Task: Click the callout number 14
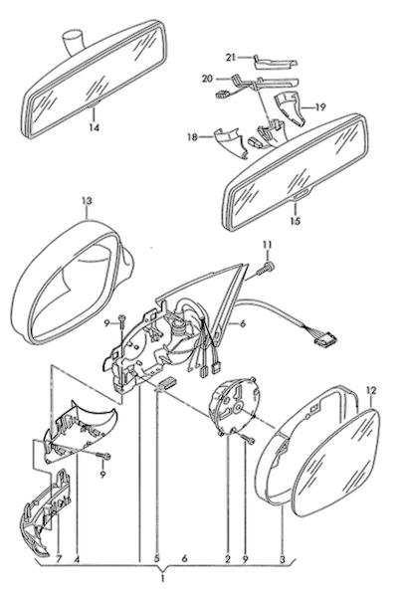pyautogui.click(x=95, y=127)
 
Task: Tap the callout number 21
pyautogui.click(x=231, y=58)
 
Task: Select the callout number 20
pyautogui.click(x=207, y=79)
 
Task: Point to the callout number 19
pyautogui.click(x=320, y=107)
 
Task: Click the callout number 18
pyautogui.click(x=193, y=136)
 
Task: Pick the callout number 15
pyautogui.click(x=296, y=221)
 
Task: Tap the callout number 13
pyautogui.click(x=87, y=200)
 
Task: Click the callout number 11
pyautogui.click(x=267, y=245)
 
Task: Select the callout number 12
pyautogui.click(x=371, y=390)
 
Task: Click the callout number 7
pyautogui.click(x=59, y=559)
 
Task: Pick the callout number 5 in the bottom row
pyautogui.click(x=156, y=559)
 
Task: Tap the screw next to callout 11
pyautogui.click(x=266, y=270)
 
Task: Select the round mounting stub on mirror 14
pyautogui.click(x=73, y=41)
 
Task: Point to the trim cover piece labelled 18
pyautogui.click(x=230, y=141)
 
